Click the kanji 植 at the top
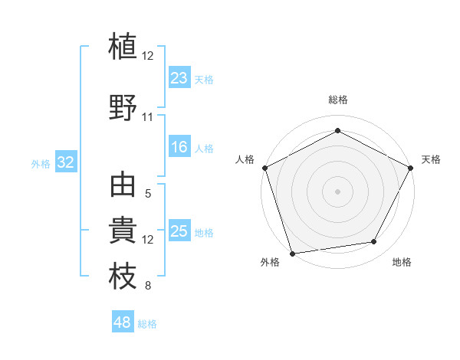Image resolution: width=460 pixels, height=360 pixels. coord(123,45)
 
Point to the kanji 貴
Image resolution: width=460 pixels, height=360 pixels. coord(123,231)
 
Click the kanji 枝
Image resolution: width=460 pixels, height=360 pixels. coord(123,277)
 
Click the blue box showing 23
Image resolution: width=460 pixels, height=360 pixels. coord(179,78)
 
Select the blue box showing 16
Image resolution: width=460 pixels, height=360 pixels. coord(179,148)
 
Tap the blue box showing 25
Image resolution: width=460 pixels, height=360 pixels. coord(179,232)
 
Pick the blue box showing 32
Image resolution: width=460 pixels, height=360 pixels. coord(65,163)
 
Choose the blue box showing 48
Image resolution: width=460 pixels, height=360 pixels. coord(123,322)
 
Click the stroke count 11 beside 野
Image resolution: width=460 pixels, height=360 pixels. coord(147,117)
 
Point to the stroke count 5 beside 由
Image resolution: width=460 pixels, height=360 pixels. coord(147,195)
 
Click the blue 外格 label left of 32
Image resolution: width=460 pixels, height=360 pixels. coord(41,164)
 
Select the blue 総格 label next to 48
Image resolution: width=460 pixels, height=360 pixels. coord(147,324)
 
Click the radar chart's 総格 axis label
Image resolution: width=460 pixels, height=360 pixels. coord(338,100)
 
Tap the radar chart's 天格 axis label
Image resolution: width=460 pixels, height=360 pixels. coord(431,159)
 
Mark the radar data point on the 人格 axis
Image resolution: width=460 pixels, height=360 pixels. coord(264,167)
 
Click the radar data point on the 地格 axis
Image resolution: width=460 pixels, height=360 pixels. coord(374,242)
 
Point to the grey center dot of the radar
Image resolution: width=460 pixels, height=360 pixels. coord(337,191)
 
